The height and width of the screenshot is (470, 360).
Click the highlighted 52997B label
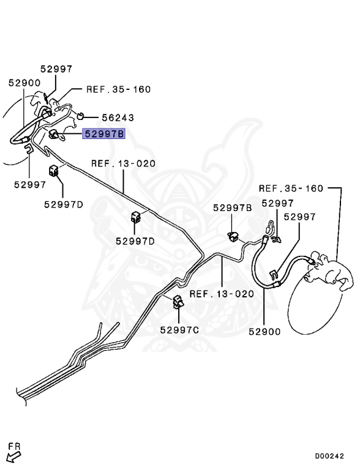[x=104, y=133]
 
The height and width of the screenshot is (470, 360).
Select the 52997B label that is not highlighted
[x=233, y=207]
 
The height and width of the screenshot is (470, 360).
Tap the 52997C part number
[x=179, y=330]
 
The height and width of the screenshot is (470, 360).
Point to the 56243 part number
[x=118, y=117]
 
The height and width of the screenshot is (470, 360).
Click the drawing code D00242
[x=329, y=456]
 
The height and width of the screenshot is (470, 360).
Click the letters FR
[x=14, y=446]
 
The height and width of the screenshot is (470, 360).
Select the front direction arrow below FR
[x=13, y=457]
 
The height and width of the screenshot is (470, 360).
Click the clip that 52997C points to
[x=178, y=302]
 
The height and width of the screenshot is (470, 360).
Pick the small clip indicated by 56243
[x=80, y=116]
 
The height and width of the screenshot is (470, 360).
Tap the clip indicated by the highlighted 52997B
[x=54, y=134]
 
